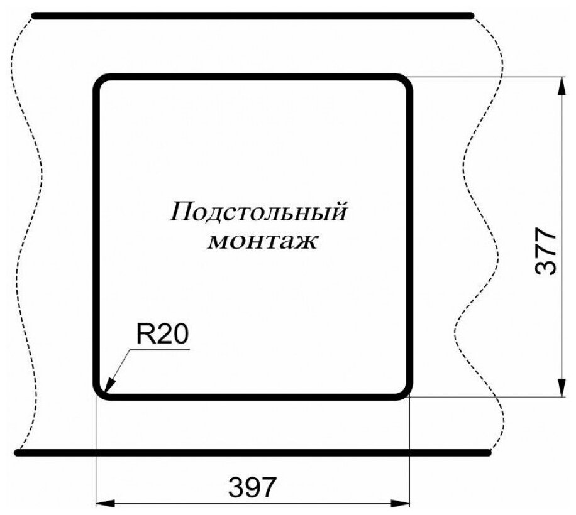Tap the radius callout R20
tap(162, 334)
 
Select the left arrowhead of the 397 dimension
tap(102, 503)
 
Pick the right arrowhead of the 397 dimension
tap(402, 503)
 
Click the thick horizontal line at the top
tap(252, 15)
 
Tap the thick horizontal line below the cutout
tap(252, 452)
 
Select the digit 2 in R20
tap(163, 334)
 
